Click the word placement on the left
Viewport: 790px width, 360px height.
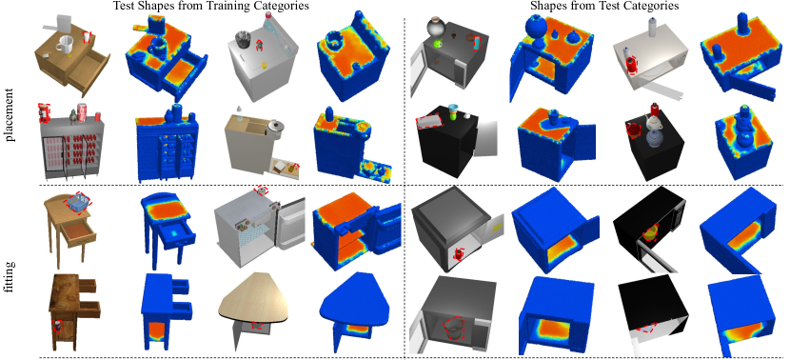(x=11, y=115)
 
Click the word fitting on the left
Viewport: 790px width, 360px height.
(x=10, y=278)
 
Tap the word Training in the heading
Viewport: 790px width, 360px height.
(x=218, y=7)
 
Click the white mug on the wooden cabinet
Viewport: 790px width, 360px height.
(x=65, y=44)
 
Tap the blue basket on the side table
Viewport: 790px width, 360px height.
(x=78, y=203)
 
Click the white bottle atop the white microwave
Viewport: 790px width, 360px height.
(x=653, y=28)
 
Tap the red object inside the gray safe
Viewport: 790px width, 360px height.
(x=459, y=253)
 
